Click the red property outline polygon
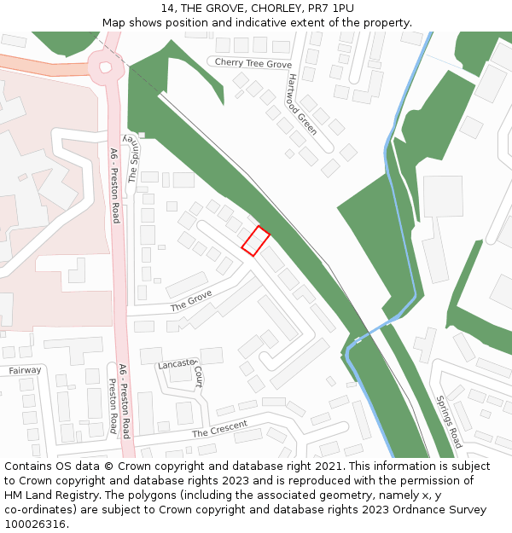click(255, 240)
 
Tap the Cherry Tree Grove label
click(253, 64)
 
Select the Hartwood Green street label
click(302, 104)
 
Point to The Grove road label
click(190, 300)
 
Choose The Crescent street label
click(219, 429)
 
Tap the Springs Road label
click(448, 421)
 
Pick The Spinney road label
click(131, 159)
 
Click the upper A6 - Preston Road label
click(114, 186)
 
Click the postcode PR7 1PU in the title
click(330, 9)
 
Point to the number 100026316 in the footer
click(32, 524)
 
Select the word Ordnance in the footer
click(399, 510)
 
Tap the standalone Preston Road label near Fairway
click(113, 406)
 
